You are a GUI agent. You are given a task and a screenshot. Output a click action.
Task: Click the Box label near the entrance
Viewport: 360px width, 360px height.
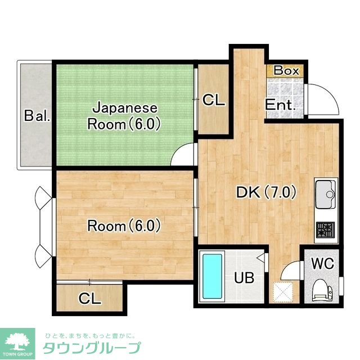tap(286, 70)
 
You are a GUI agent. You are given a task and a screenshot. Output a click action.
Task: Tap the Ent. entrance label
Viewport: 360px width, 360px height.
tap(280, 105)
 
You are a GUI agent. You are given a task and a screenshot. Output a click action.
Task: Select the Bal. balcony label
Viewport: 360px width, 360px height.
tap(37, 116)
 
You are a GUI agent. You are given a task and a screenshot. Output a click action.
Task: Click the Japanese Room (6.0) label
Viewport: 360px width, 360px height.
tap(124, 116)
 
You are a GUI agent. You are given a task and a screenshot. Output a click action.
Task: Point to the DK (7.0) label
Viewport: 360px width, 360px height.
tap(266, 192)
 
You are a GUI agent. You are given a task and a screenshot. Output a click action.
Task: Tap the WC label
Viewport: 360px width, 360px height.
tap(323, 263)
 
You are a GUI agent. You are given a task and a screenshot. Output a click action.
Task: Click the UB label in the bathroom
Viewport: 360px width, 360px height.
tap(244, 277)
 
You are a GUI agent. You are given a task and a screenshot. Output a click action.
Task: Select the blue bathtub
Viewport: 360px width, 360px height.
tap(213, 276)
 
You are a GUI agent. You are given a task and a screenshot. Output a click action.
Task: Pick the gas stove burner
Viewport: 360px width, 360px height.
tap(325, 230)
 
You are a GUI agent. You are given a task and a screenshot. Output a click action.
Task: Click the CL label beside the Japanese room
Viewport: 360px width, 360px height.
tap(214, 100)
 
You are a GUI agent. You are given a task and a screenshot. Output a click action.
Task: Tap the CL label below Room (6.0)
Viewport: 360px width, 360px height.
tap(90, 299)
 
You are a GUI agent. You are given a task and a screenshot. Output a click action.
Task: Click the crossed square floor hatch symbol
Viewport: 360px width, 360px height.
tap(282, 292)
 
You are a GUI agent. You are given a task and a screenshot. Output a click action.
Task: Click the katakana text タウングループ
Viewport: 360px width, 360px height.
tap(92, 348)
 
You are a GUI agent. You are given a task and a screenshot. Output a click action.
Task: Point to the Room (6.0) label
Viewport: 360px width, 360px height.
tap(124, 226)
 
